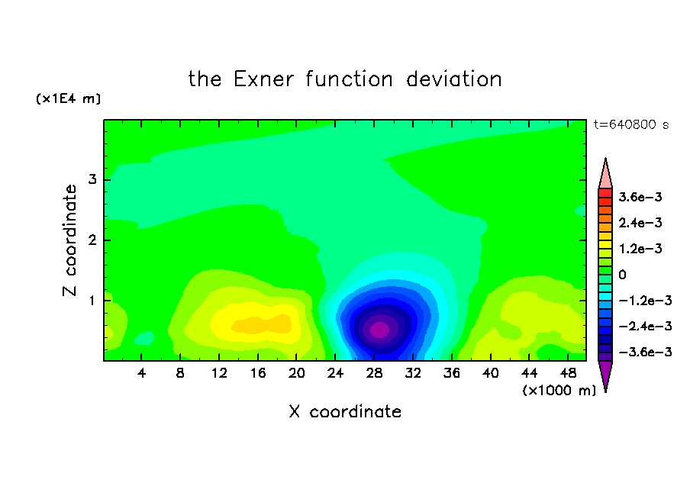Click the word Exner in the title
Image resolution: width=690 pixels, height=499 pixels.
(x=263, y=79)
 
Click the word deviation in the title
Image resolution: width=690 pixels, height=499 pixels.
(x=454, y=79)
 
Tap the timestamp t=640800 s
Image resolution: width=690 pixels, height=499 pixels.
(x=631, y=124)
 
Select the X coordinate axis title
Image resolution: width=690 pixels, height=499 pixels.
(x=345, y=411)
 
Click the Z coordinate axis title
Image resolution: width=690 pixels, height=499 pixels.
(x=70, y=240)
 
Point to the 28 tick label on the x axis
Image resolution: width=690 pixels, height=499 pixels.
(x=374, y=373)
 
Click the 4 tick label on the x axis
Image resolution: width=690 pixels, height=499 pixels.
(x=141, y=373)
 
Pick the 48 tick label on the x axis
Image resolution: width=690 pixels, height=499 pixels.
(x=568, y=373)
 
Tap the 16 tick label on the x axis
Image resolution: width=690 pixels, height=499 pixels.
(x=258, y=373)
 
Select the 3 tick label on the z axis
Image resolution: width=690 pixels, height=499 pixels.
(x=92, y=179)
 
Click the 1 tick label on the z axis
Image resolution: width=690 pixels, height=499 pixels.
(x=92, y=301)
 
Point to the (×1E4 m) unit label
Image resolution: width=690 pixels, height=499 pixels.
(x=68, y=98)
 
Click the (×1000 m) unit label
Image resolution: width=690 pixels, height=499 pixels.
(x=559, y=391)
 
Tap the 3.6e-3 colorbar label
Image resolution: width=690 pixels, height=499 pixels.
(x=640, y=197)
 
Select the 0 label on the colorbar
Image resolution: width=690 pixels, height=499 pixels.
(x=622, y=275)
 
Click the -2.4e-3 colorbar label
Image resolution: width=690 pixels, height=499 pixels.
(x=645, y=326)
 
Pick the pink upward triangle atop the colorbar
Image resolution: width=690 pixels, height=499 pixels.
(x=605, y=174)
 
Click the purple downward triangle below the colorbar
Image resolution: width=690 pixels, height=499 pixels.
(x=605, y=374)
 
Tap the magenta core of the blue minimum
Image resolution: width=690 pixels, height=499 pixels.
(x=379, y=330)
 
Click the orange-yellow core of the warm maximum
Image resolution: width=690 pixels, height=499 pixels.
(x=262, y=325)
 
